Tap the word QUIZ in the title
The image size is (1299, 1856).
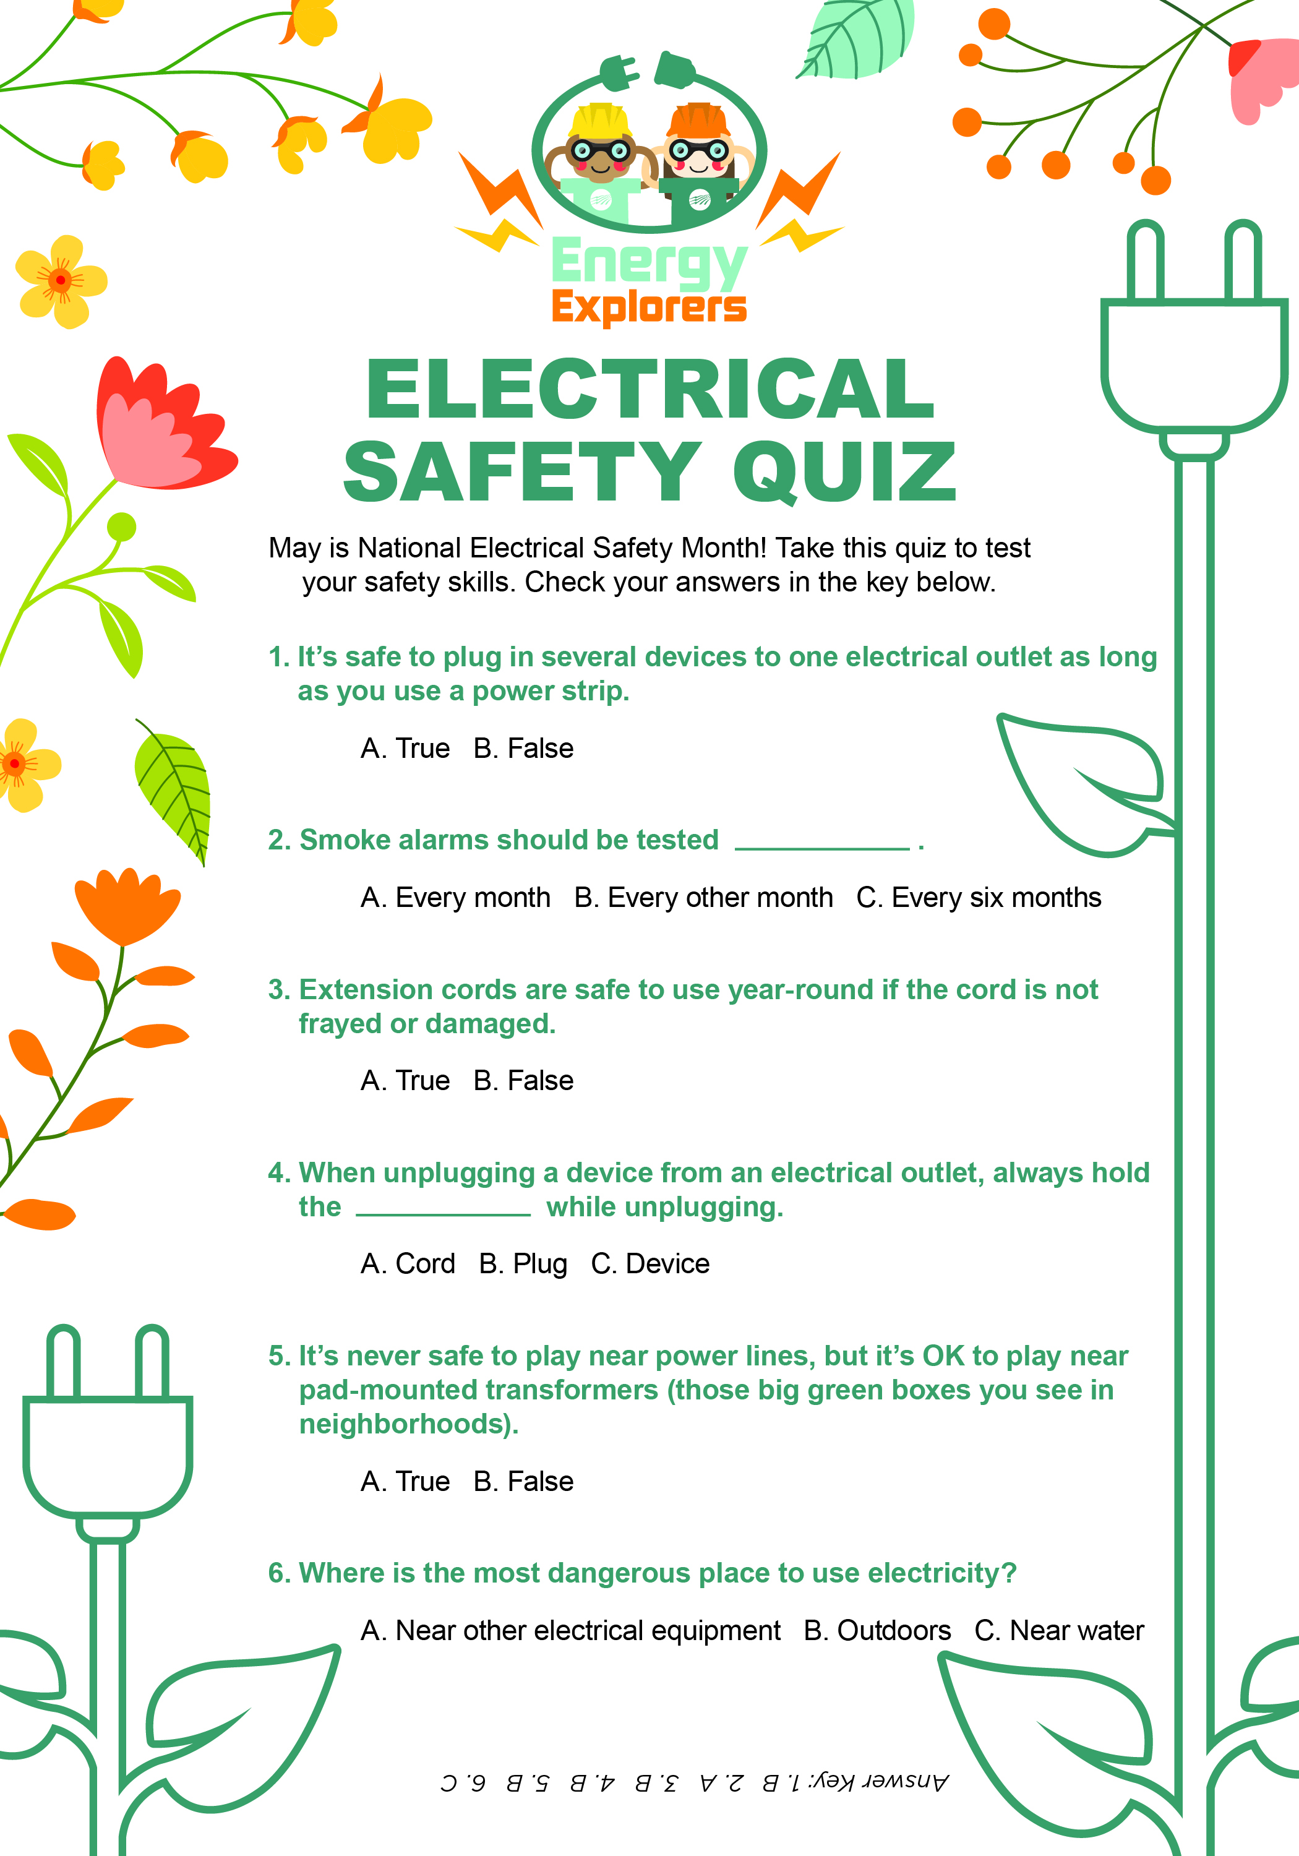845,472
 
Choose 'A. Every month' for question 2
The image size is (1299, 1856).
455,897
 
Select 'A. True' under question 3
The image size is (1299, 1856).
405,1080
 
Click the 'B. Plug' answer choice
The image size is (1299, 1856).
522,1263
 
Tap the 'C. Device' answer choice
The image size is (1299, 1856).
650,1263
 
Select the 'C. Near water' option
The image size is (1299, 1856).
1059,1630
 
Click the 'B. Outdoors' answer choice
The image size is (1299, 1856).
877,1630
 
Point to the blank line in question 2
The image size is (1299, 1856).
822,847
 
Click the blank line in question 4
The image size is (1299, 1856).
443,1213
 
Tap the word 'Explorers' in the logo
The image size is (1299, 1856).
649,307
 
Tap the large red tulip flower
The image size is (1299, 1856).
158,429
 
